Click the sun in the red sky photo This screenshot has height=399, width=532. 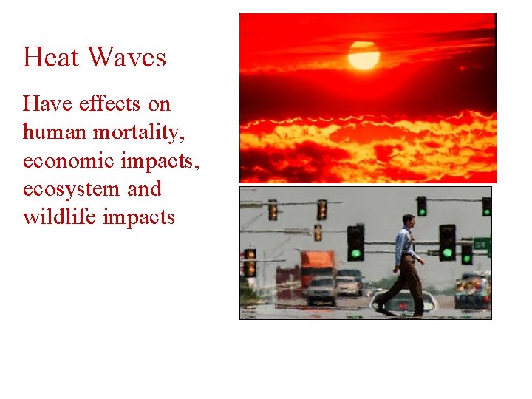click(x=364, y=55)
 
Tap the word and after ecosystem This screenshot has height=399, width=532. click(x=144, y=189)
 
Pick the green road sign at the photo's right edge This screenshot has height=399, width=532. click(x=482, y=244)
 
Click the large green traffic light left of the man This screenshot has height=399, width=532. click(x=355, y=242)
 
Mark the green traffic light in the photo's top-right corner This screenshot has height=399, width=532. click(x=485, y=206)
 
